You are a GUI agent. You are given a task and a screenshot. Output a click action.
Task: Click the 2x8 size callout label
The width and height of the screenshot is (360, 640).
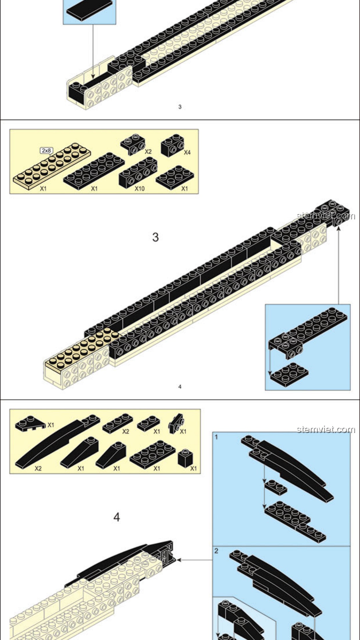pyautogui.click(x=46, y=151)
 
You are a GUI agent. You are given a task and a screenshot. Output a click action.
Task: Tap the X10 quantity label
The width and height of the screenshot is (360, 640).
pyautogui.click(x=140, y=189)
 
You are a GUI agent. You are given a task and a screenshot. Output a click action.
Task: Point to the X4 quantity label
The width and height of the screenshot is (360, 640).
pyautogui.click(x=187, y=152)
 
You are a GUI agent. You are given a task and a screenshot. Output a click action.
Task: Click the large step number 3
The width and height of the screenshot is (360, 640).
pyautogui.click(x=155, y=237)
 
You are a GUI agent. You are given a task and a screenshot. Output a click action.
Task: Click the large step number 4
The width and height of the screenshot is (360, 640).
pyautogui.click(x=117, y=517)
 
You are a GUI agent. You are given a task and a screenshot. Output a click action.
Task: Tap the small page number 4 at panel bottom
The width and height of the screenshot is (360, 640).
pyautogui.click(x=180, y=387)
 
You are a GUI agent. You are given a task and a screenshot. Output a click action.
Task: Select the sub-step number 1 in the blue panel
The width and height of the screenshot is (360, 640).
pyautogui.click(x=216, y=437)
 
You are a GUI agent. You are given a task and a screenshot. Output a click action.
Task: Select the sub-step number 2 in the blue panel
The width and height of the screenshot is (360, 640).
pyautogui.click(x=216, y=551)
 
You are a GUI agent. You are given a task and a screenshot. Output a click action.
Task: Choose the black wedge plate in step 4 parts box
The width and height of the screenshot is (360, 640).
pyautogui.click(x=30, y=424)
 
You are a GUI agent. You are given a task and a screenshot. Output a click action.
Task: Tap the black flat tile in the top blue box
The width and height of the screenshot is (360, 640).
pyautogui.click(x=90, y=9)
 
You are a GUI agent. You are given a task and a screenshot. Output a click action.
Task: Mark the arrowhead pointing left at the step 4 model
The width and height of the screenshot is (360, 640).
pyautogui.click(x=179, y=560)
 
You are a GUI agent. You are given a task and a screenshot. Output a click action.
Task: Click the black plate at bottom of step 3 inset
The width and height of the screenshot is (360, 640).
pyautogui.click(x=289, y=375)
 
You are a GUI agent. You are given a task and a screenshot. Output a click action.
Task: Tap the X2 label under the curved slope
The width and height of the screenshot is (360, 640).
pyautogui.click(x=38, y=469)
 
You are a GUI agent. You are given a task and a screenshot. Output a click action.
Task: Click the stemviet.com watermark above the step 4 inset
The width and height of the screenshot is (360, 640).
pyautogui.click(x=326, y=429)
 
